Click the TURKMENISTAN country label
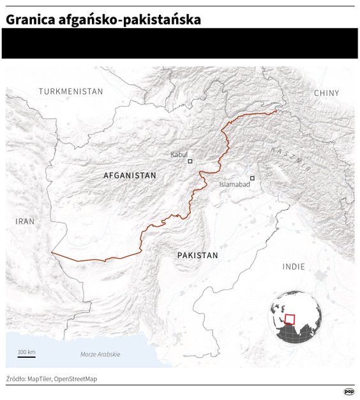(x=70, y=91)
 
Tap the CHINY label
(x=326, y=93)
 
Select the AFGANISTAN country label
(x=130, y=175)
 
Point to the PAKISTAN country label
(x=197, y=255)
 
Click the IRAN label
(x=25, y=221)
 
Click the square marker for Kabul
(x=190, y=161)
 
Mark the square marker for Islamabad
(x=252, y=178)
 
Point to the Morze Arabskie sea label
(x=100, y=354)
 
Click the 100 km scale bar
(x=26, y=356)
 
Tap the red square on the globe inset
(x=290, y=319)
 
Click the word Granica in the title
(x=31, y=20)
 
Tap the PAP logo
(x=349, y=392)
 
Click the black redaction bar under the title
(x=179, y=43)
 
